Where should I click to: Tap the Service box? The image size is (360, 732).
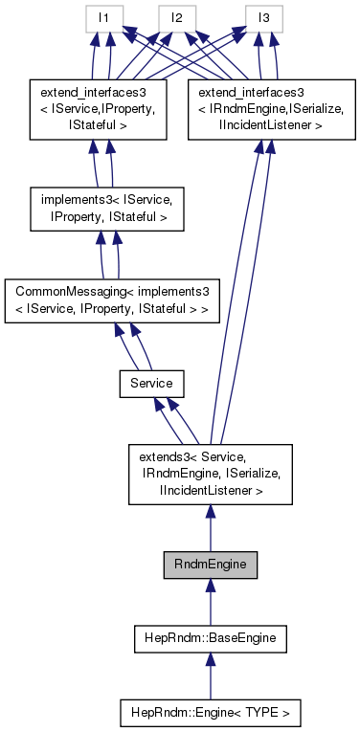151,383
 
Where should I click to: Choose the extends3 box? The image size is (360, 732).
210,474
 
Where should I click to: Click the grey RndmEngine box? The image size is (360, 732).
210,565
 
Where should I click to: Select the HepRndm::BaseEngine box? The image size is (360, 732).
210,636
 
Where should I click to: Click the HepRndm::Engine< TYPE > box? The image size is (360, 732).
210,713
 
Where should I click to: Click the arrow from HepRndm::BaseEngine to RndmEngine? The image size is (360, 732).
210,601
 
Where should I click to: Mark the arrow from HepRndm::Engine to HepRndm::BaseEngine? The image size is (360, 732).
210,675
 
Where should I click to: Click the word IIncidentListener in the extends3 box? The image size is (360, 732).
210,490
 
